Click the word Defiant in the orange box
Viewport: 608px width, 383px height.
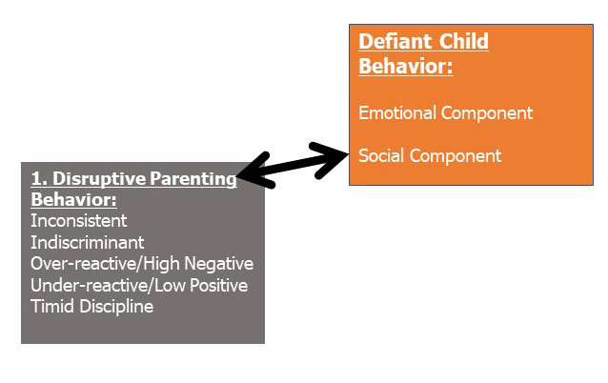click(x=395, y=41)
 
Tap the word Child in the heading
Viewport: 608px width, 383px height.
click(x=464, y=41)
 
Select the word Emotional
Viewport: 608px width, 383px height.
click(x=397, y=112)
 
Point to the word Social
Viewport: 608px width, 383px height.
click(x=381, y=156)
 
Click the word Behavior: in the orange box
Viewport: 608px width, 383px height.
click(x=406, y=66)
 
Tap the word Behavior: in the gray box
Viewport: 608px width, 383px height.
click(x=73, y=200)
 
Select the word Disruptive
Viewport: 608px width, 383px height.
click(x=99, y=179)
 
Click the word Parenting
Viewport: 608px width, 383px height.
click(x=193, y=179)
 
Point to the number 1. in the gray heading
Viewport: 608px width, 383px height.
click(x=39, y=179)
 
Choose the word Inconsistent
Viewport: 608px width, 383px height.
click(x=79, y=221)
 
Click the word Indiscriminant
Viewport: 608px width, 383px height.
click(x=88, y=243)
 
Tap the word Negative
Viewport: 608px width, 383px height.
click(x=218, y=264)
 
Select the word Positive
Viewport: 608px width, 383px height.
click(x=218, y=286)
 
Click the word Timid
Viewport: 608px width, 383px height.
click(x=52, y=307)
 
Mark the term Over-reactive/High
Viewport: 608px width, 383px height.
click(x=105, y=264)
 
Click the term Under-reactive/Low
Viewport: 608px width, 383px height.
click(x=109, y=286)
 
